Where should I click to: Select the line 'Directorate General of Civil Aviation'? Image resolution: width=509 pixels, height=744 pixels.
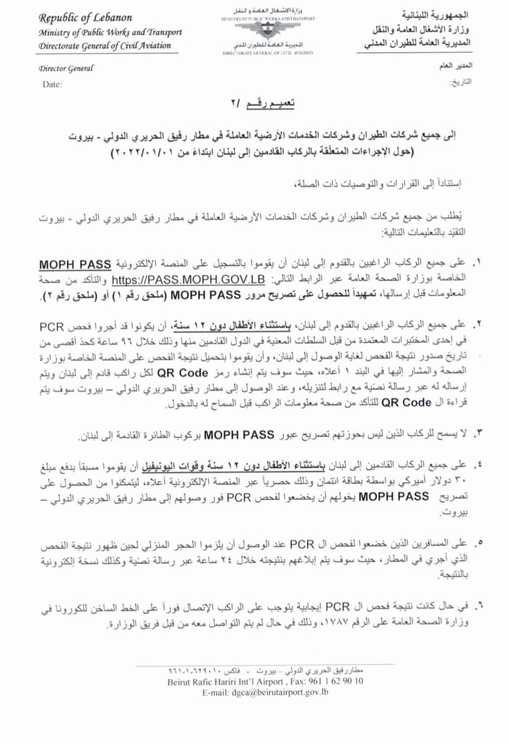point(98,46)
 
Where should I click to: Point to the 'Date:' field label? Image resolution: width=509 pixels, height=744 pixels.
point(52,85)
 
